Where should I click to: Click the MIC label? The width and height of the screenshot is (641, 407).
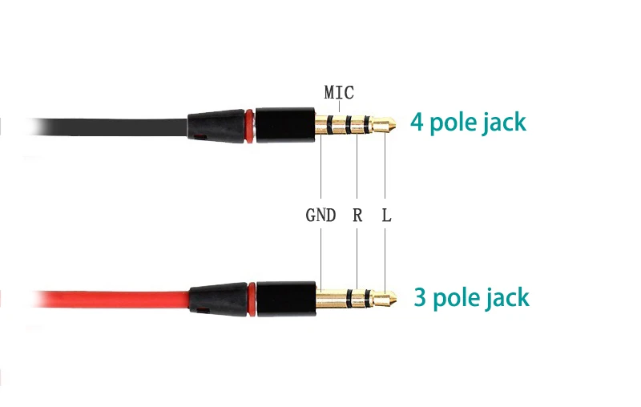click(x=339, y=92)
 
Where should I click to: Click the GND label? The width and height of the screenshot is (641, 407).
click(x=320, y=216)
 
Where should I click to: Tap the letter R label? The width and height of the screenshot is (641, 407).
click(x=357, y=216)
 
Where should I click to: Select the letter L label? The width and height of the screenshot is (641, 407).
click(x=386, y=216)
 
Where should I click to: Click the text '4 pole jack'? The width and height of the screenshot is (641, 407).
click(x=469, y=123)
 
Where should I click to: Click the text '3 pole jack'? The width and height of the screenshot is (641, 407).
click(x=471, y=298)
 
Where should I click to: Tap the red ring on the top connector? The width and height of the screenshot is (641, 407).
click(x=252, y=127)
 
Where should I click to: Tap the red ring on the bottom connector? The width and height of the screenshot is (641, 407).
click(x=252, y=298)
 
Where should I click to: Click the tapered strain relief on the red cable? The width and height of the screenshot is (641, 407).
click(x=216, y=298)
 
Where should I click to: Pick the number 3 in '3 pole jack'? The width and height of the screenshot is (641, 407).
click(x=420, y=298)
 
